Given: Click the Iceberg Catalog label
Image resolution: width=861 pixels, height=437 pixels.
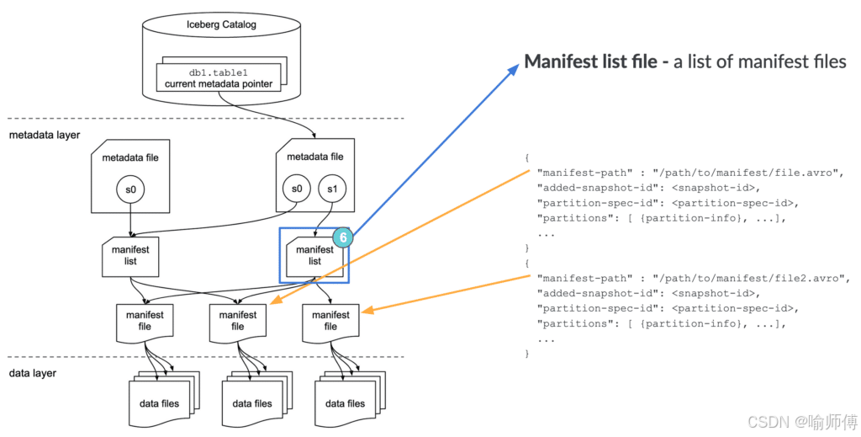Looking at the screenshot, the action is point(221,24).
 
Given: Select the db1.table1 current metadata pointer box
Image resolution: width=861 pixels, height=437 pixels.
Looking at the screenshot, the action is point(218,78).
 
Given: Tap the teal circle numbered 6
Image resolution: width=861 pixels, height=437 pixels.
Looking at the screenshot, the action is point(343,238).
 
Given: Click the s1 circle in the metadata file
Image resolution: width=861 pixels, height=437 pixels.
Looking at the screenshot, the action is point(332,189).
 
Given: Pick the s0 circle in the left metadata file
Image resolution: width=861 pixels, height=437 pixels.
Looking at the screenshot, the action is point(130,190).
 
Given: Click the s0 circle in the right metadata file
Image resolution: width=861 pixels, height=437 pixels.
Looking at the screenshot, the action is point(297,189).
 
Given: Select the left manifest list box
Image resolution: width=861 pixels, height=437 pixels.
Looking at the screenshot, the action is point(130,257).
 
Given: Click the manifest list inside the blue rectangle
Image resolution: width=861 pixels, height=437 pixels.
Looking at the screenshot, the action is point(314,256).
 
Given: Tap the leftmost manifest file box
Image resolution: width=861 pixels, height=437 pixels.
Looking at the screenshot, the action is point(145,322).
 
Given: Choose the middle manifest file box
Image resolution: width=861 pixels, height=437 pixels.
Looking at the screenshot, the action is point(238,322).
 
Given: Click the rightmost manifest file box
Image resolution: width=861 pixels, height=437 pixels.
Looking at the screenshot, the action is point(330,322).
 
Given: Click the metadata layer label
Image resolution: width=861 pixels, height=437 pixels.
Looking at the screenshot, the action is point(45,135).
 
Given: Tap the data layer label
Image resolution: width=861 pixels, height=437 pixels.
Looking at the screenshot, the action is point(33,373).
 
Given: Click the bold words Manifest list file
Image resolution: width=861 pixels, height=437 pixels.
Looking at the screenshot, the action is point(591,61).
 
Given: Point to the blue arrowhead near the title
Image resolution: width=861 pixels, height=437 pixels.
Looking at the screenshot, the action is point(514,69).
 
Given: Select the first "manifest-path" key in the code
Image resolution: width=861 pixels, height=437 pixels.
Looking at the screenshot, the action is point(582,173).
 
